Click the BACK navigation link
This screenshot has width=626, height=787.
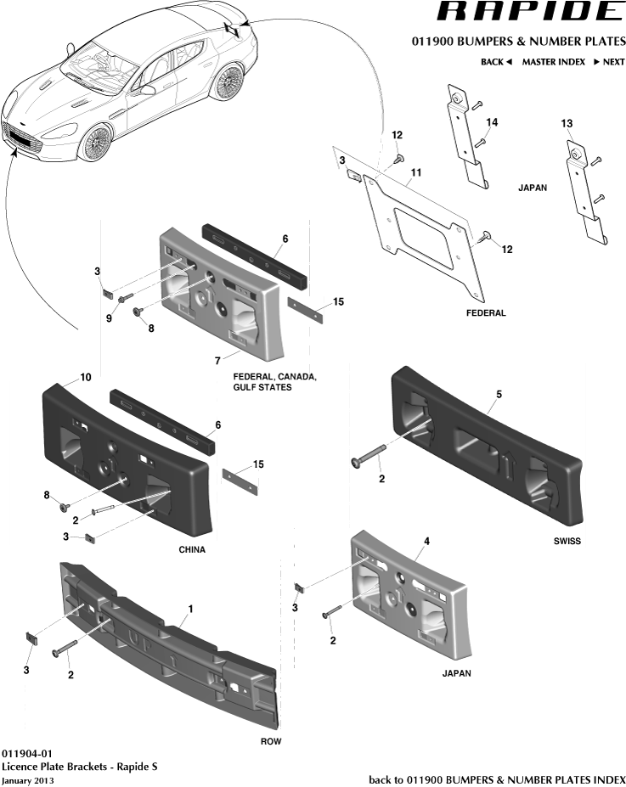tap(496, 62)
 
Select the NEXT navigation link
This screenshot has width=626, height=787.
tap(609, 62)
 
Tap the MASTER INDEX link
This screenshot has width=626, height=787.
tap(553, 62)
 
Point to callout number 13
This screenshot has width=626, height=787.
tap(567, 124)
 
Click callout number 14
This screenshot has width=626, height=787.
tap(492, 122)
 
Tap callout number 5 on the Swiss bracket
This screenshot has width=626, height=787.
tap(499, 394)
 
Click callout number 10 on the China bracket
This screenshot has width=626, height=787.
tap(85, 376)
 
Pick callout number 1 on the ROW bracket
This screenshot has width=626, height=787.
tap(190, 609)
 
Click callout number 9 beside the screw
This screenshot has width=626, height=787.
tap(109, 318)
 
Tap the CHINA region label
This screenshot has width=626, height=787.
tap(191, 549)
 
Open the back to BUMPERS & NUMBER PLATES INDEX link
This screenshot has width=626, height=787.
tap(497, 779)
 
